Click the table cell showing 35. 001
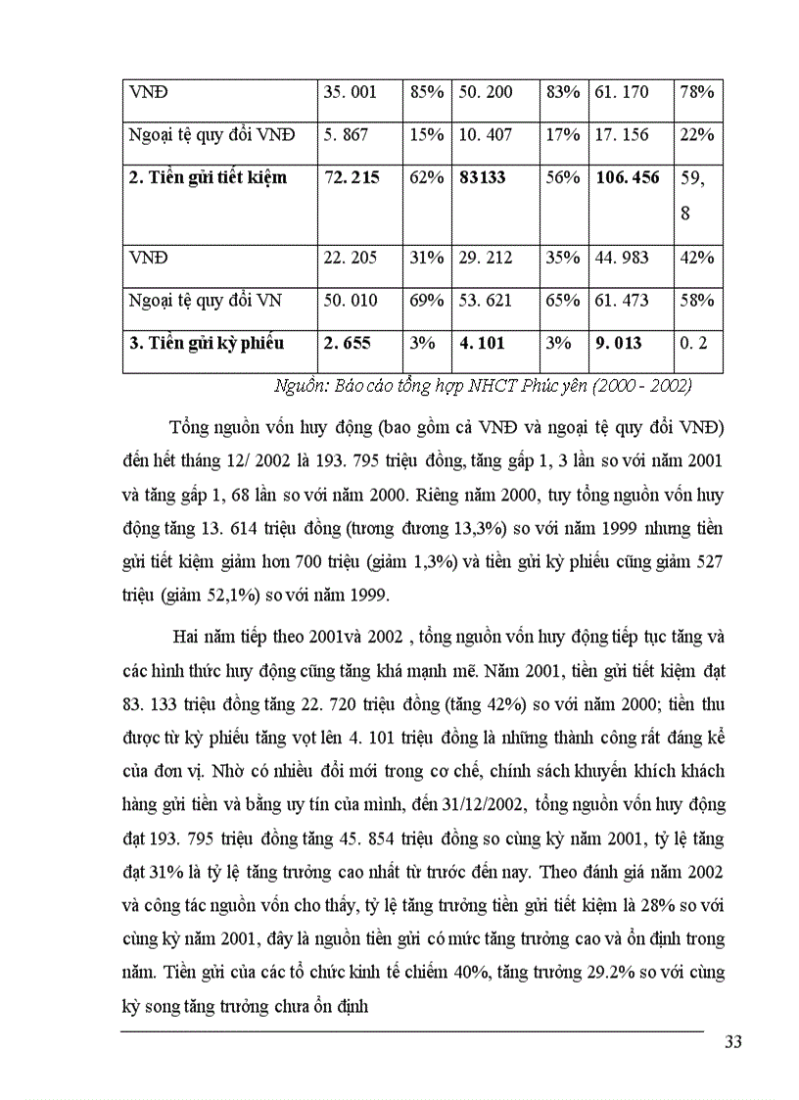350,92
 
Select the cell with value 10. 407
487,135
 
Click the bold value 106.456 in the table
627,178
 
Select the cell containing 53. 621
485,301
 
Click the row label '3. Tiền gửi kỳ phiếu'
207,343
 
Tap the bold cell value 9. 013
621,343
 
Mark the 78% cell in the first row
696,92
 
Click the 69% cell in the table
427,301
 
